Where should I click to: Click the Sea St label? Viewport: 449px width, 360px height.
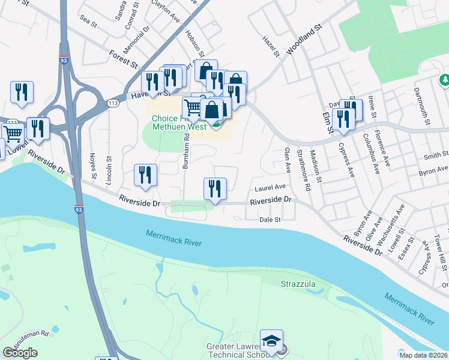[88, 22]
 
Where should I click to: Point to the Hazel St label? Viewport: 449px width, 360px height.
[271, 46]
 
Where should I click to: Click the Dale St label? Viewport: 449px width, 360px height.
[270, 220]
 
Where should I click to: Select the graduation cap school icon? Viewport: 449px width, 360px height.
[271, 340]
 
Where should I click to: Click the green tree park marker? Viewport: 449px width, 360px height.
[445, 80]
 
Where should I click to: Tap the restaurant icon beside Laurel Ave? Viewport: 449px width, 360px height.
[214, 189]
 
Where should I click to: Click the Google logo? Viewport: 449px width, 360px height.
[20, 353]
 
